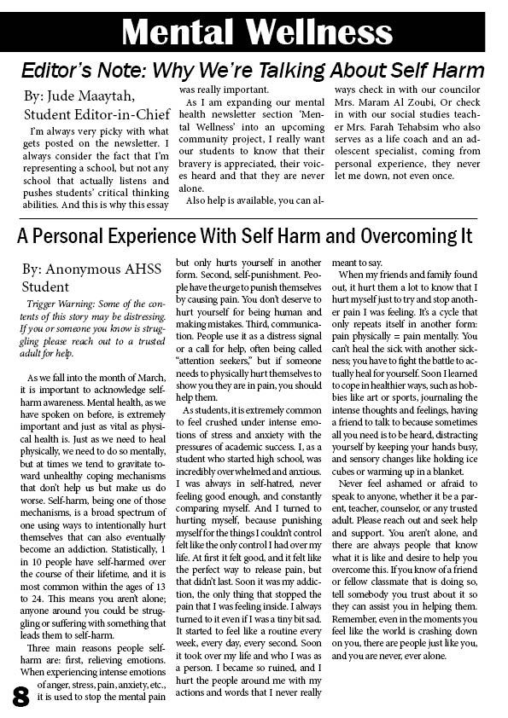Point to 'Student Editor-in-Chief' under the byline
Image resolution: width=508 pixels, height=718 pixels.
click(x=93, y=114)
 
